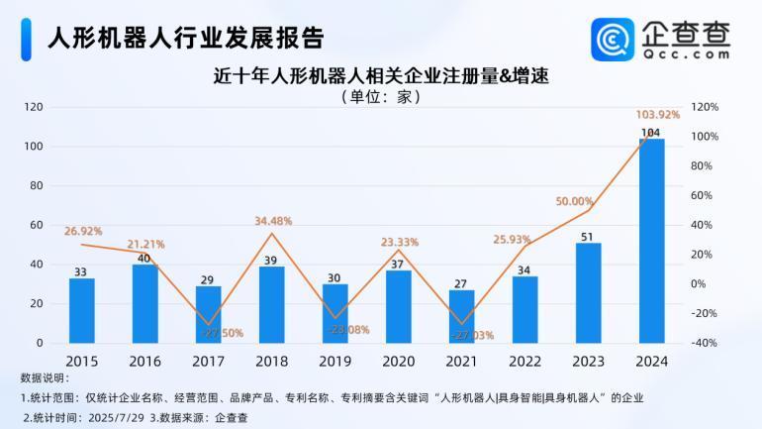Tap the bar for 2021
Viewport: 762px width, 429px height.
coord(461,316)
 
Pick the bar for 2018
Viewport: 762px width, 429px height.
coord(272,304)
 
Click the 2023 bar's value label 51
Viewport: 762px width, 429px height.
coord(587,237)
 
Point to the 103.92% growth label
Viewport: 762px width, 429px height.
coord(657,115)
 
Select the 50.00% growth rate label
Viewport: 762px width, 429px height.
coord(574,201)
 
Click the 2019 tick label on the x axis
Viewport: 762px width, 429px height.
coord(334,362)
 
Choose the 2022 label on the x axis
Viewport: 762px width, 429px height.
coord(524,362)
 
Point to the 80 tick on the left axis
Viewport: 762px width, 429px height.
coord(35,185)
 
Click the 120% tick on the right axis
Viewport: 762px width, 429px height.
coord(706,106)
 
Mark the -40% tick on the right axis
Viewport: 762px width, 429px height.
coord(706,343)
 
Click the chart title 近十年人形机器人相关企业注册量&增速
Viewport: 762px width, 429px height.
coord(381,75)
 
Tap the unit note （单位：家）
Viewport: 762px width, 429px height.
coord(381,97)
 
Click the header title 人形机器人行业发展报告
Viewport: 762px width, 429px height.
coord(186,37)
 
